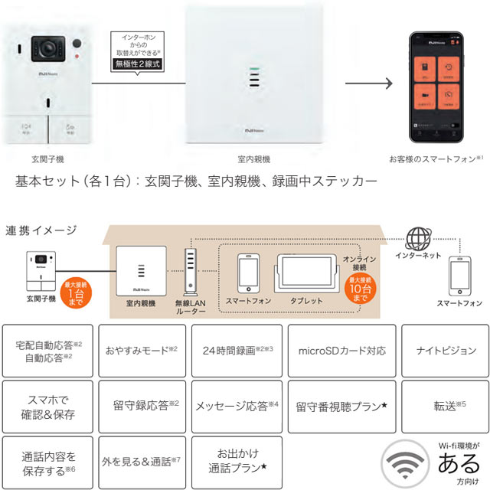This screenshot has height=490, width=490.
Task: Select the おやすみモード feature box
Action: point(141,350)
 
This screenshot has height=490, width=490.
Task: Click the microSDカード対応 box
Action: point(341,350)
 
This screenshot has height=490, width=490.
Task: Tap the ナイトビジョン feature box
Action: point(446,350)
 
